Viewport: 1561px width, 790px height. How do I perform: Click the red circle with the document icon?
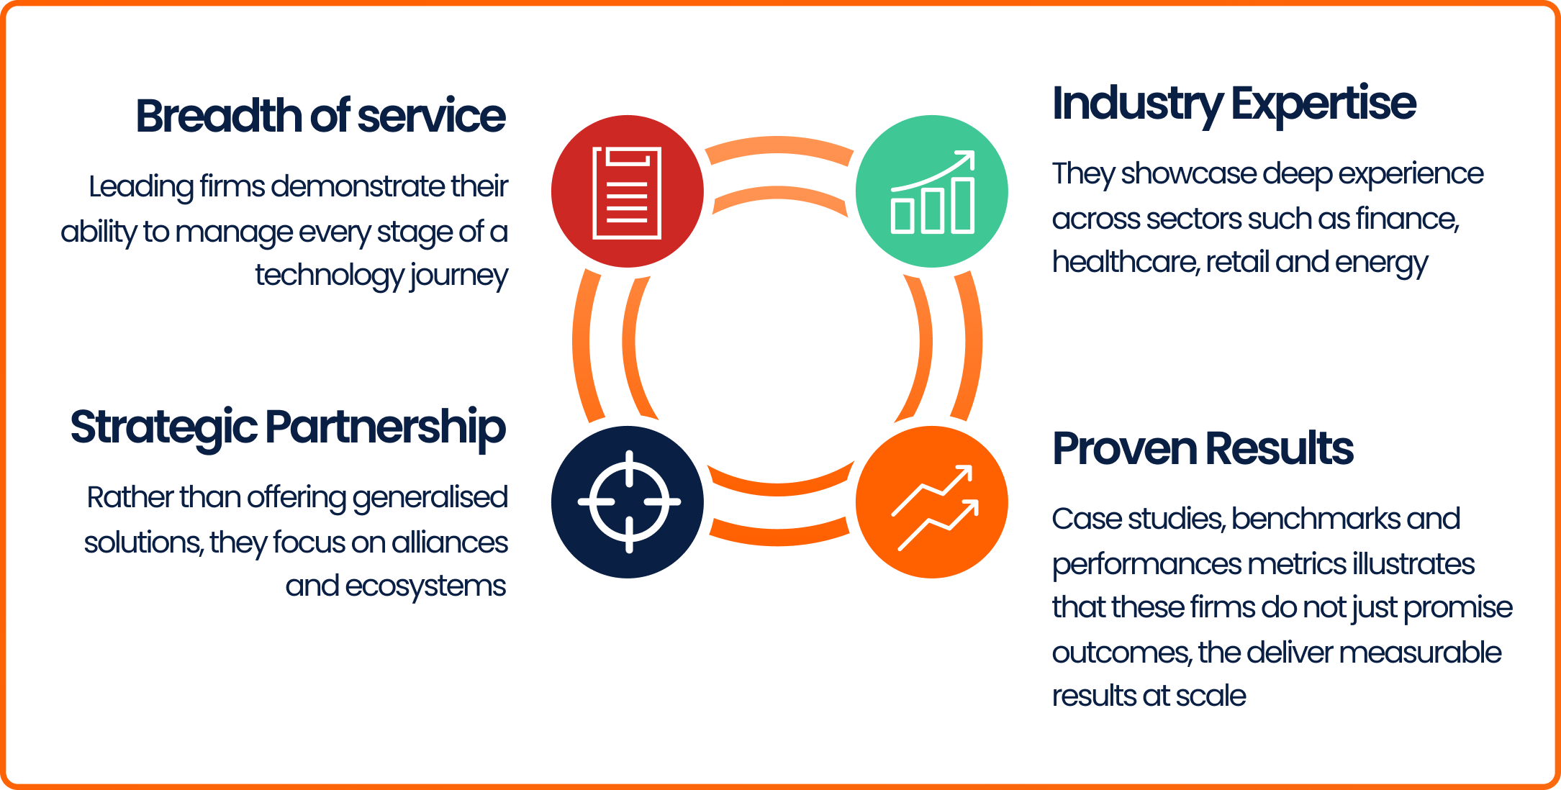pyautogui.click(x=627, y=191)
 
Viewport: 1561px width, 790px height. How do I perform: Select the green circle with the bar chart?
pyautogui.click(x=931, y=191)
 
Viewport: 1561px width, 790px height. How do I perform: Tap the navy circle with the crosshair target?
pyautogui.click(x=627, y=502)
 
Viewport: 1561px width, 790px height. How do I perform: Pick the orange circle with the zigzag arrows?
pyautogui.click(x=931, y=502)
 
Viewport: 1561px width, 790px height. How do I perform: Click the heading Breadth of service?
pyautogui.click(x=320, y=116)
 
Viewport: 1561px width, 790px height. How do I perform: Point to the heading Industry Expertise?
pyautogui.click(x=1234, y=104)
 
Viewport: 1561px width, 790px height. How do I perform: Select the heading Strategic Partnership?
pyautogui.click(x=288, y=427)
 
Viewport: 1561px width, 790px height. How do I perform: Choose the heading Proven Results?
pyautogui.click(x=1202, y=448)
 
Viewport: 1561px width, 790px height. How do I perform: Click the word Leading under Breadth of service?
pyautogui.click(x=141, y=186)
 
